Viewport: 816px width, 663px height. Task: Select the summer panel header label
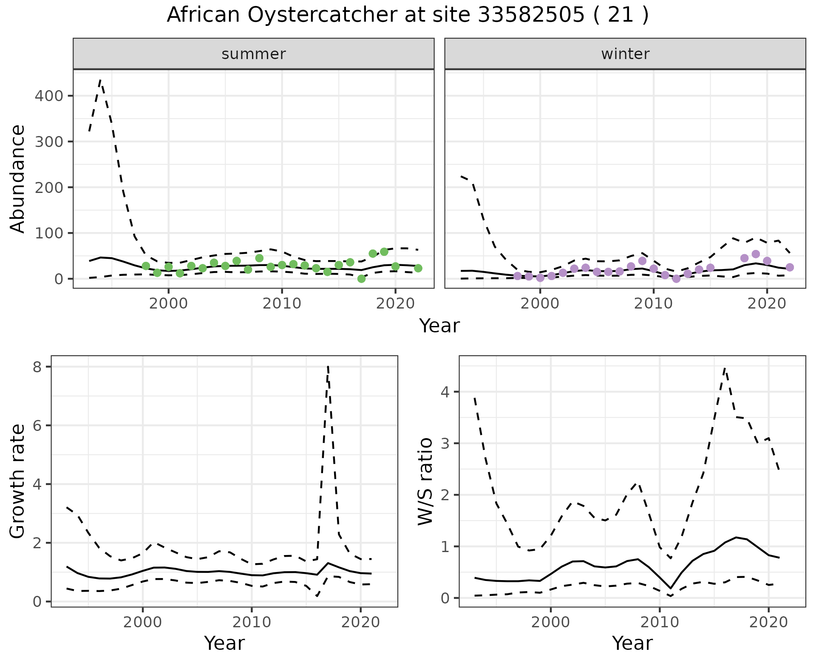coord(254,54)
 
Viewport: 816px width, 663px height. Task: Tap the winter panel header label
coord(625,54)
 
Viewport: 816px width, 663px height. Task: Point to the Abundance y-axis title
coord(18,179)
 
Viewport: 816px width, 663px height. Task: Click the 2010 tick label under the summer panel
coord(282,304)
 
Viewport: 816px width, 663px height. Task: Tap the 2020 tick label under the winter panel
coord(768,304)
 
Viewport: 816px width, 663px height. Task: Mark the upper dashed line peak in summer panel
coord(100,79)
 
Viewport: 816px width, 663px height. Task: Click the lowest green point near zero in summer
coord(361,279)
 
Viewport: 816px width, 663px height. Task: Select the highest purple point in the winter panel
coord(756,254)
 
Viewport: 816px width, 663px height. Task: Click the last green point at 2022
coord(418,268)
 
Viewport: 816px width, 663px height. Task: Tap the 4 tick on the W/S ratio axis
coord(445,391)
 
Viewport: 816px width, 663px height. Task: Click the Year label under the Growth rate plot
coord(224,643)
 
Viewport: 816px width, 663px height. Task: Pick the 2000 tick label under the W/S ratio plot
coord(551,623)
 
